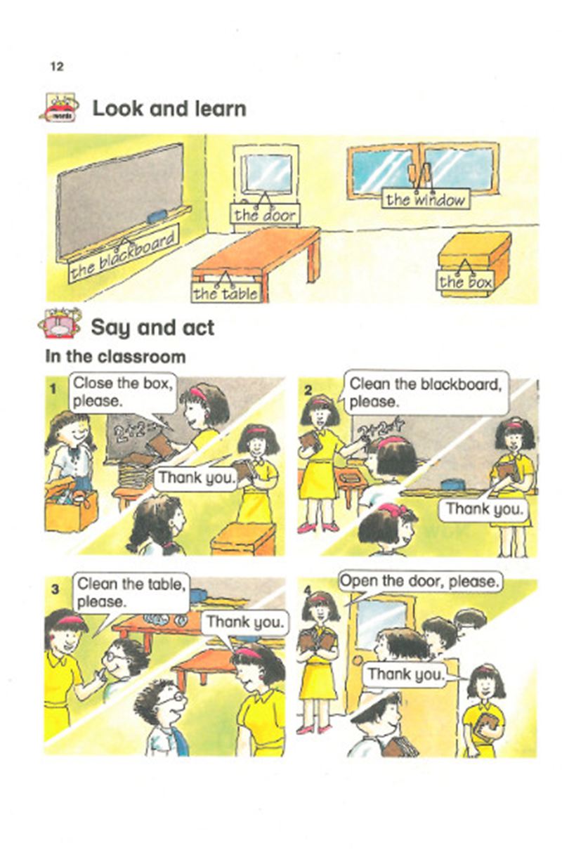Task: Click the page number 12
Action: click(x=57, y=67)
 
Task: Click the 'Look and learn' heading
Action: click(x=169, y=108)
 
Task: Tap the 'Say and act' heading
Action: click(x=152, y=328)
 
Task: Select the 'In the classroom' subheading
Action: click(x=115, y=357)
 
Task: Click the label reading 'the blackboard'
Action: click(x=124, y=254)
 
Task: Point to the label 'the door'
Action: click(x=265, y=215)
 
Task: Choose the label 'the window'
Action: click(x=426, y=199)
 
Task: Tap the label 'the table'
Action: click(x=226, y=294)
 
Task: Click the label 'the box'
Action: click(x=465, y=282)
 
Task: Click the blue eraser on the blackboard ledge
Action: click(x=157, y=216)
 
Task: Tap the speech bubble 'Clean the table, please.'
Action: click(x=131, y=594)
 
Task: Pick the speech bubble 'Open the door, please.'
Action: click(x=420, y=582)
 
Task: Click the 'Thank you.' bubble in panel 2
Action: click(x=484, y=509)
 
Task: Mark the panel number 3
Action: click(x=55, y=589)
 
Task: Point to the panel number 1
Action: click(x=53, y=389)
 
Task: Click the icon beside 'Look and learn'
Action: click(x=60, y=107)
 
